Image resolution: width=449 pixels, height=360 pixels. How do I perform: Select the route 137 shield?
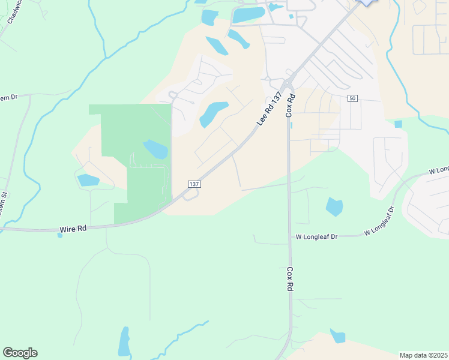click(193, 184)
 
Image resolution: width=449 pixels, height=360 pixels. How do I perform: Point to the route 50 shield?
click(352, 98)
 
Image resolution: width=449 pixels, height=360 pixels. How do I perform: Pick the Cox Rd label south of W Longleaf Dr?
click(289, 280)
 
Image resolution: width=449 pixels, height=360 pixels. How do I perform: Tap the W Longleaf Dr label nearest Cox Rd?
click(317, 237)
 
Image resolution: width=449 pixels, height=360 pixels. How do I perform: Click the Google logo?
click(20, 353)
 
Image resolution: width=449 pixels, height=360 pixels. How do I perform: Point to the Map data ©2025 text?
click(423, 355)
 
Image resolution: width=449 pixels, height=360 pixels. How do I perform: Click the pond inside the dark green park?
click(155, 149)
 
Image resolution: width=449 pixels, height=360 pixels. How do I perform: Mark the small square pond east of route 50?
click(399, 124)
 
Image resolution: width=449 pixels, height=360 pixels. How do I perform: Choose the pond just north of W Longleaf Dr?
click(334, 207)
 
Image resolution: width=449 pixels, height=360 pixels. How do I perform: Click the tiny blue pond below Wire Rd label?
click(59, 235)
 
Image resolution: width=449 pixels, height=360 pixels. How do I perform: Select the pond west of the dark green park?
click(88, 179)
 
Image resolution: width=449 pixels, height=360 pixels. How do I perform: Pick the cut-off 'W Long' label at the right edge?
click(438, 171)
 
